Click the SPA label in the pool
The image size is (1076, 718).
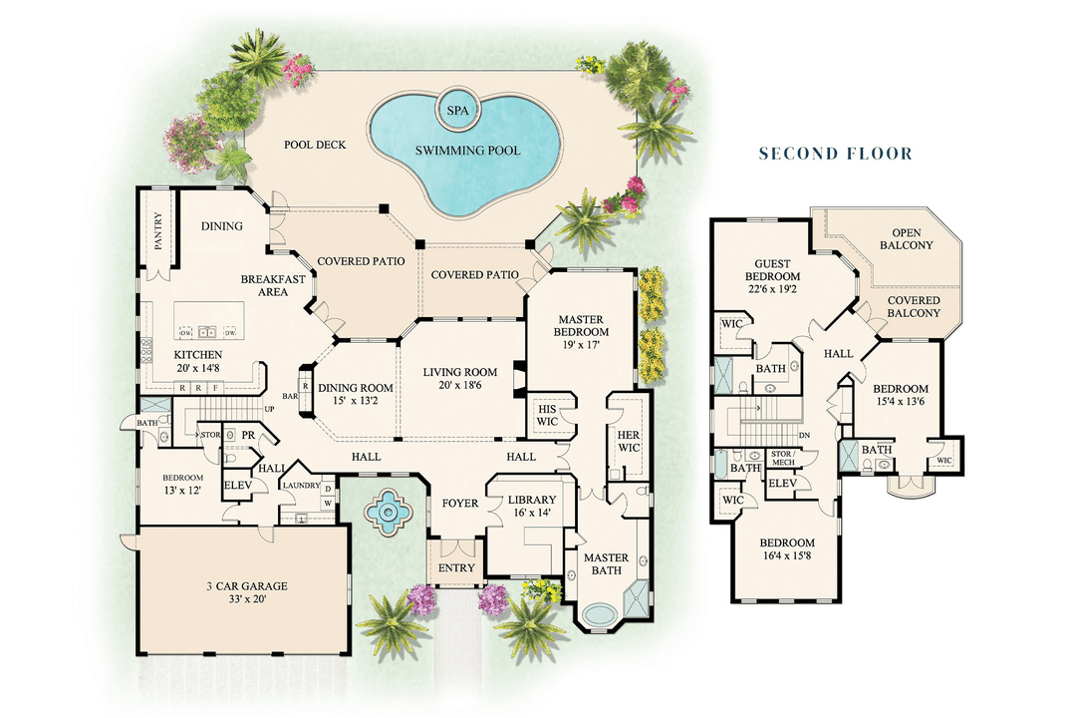(457, 110)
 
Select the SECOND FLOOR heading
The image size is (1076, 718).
(835, 154)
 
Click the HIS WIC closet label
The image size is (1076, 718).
(546, 415)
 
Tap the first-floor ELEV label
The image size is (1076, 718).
(236, 486)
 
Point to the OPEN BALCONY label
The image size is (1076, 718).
(906, 238)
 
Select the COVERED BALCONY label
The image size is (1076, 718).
(913, 306)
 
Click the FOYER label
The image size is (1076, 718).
(460, 504)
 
